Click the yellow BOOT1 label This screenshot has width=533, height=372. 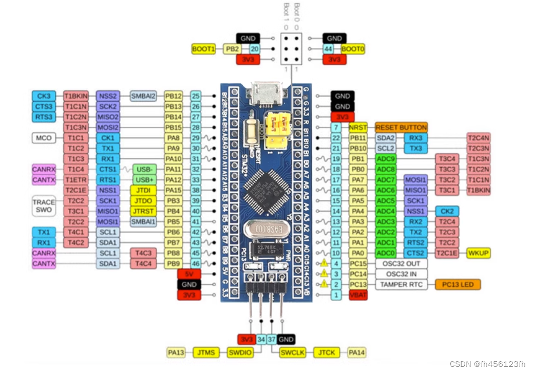pyautogui.click(x=203, y=49)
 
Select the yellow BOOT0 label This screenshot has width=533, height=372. pyautogui.click(x=353, y=49)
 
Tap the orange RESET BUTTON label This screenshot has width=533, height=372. pyautogui.click(x=401, y=127)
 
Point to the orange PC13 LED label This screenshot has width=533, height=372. pyautogui.click(x=458, y=284)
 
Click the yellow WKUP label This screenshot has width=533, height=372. pyautogui.click(x=478, y=253)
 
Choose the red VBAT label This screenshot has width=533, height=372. pyautogui.click(x=357, y=295)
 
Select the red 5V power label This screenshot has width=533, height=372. pyautogui.click(x=189, y=274)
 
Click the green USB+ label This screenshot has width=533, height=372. pyautogui.click(x=144, y=179)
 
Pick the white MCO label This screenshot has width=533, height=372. pyautogui.click(x=44, y=138)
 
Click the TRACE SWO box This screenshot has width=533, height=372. pyautogui.click(x=44, y=206)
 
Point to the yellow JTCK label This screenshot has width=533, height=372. pyautogui.click(x=327, y=352)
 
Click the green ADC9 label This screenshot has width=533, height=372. pyautogui.click(x=386, y=158)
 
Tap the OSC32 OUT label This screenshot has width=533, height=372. pyautogui.click(x=401, y=264)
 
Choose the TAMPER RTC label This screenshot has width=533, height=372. pyautogui.click(x=401, y=284)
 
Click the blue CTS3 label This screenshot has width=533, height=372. pyautogui.click(x=44, y=106)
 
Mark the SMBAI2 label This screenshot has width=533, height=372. pyautogui.click(x=143, y=96)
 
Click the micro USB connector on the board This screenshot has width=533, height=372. pyautogui.click(x=265, y=94)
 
